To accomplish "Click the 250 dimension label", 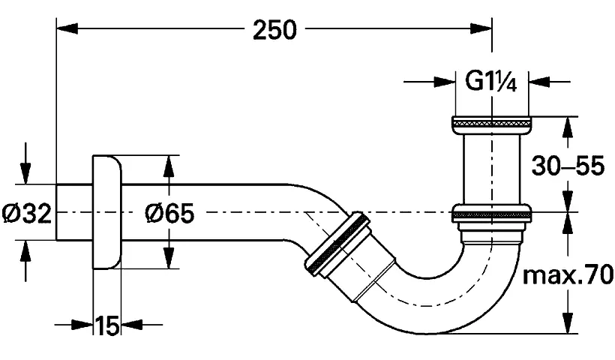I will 274,29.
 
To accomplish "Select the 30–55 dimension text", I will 568,166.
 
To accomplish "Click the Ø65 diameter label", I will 169,214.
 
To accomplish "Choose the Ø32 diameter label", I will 26,214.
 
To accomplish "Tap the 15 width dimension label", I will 108,325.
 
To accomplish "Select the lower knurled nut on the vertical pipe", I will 492,213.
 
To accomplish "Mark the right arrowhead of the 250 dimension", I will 484,29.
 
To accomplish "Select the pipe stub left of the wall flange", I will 74,212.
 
